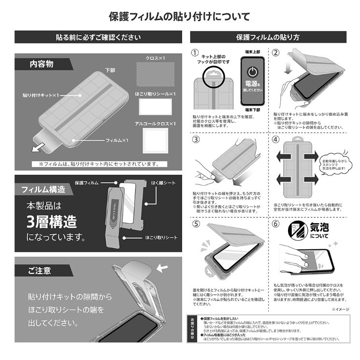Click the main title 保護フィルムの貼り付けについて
(179, 17)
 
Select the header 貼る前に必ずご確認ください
(98, 37)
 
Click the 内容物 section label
(41, 64)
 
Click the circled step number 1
(195, 53)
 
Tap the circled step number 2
(276, 53)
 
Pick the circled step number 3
(195, 140)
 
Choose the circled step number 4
(276, 140)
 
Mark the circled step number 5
(195, 224)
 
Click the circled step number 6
(276, 224)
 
